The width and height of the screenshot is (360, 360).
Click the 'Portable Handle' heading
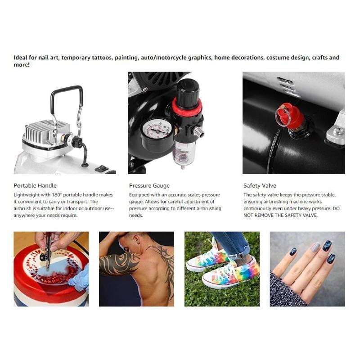[x=35, y=185]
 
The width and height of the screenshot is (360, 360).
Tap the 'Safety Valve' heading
[x=260, y=185]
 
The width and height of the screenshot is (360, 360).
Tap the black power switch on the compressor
[x=102, y=168]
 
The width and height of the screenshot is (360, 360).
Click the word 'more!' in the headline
[x=22, y=65]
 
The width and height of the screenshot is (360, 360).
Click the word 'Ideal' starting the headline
[x=20, y=58]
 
